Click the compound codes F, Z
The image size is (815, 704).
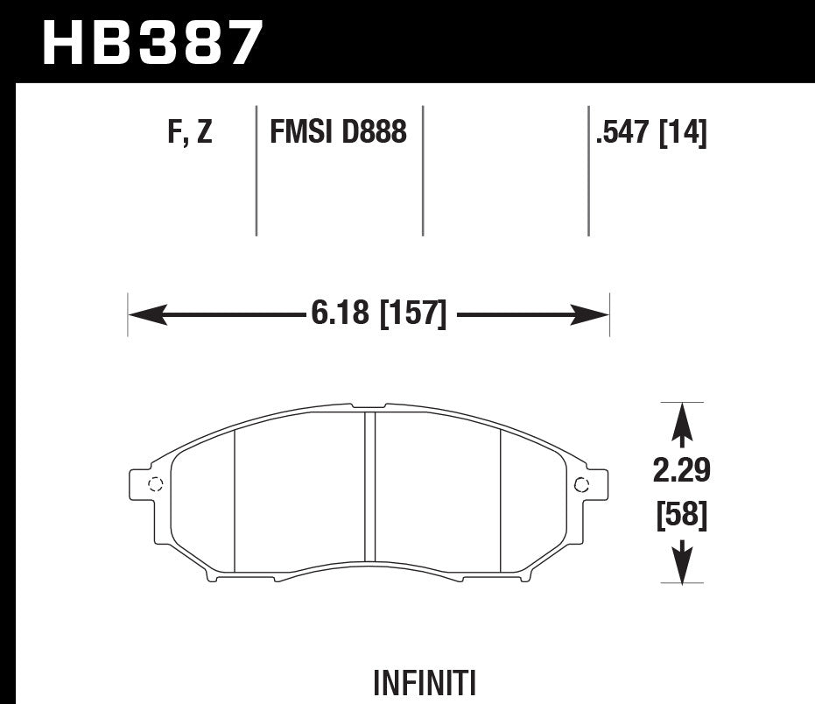189,133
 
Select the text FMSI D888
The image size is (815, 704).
338,133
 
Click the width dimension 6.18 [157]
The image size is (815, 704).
378,313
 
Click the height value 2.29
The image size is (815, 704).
682,473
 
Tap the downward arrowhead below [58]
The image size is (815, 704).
682,563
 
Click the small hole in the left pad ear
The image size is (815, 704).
155,484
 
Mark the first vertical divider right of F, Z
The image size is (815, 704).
256,171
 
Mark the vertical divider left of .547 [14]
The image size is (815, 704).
587,171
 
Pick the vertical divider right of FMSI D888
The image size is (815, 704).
423,171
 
